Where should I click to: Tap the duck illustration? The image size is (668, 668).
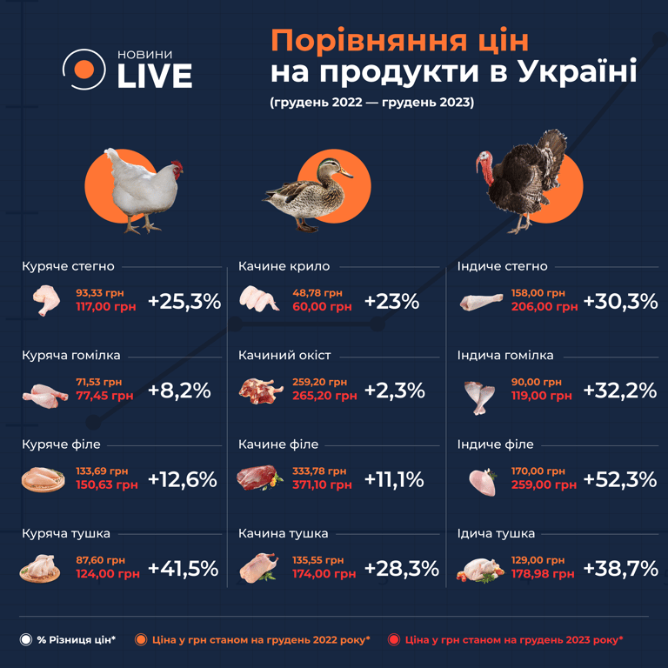(309, 192)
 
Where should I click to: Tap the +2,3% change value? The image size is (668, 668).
(394, 391)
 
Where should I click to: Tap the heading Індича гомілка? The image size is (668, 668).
(505, 356)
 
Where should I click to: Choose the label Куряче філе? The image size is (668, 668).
(58, 444)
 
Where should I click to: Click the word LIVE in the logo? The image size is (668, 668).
(154, 76)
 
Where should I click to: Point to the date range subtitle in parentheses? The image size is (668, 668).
(371, 102)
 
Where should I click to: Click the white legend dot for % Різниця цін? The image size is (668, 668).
(26, 639)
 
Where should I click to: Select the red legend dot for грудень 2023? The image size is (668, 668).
(394, 639)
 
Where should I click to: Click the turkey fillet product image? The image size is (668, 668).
(482, 479)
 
